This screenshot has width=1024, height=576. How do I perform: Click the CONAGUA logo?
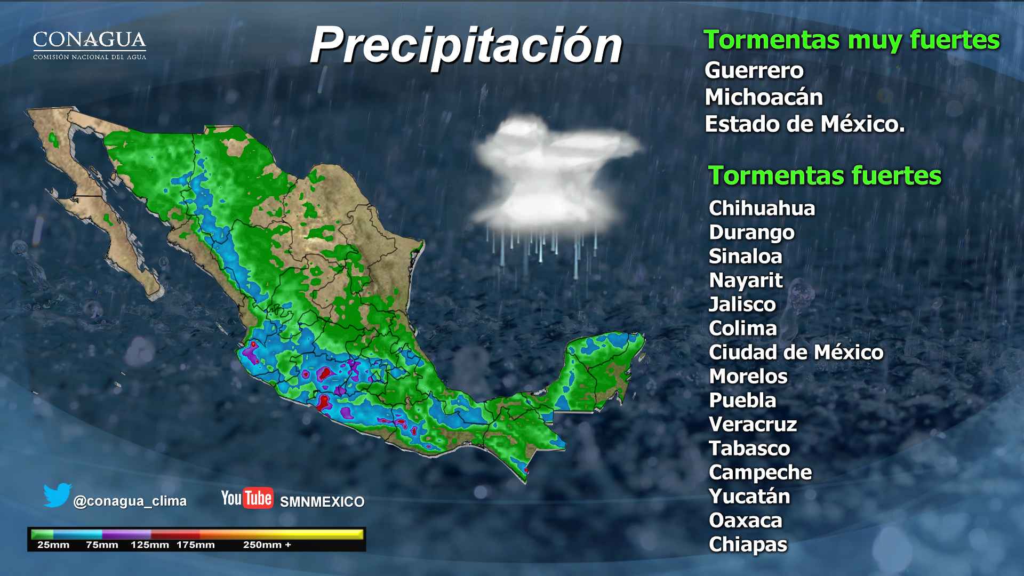[x=90, y=45]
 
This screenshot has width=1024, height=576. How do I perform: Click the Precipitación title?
[x=466, y=45]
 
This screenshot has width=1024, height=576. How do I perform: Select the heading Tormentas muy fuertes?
[x=851, y=40]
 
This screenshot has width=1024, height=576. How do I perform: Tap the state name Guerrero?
[x=754, y=70]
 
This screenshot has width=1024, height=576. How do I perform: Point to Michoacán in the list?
[x=763, y=97]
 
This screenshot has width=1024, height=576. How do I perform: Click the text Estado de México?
[x=804, y=124]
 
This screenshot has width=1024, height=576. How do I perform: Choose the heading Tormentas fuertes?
[x=824, y=175]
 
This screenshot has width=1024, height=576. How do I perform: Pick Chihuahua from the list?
[x=762, y=208]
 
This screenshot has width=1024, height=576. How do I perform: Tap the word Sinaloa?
[x=745, y=256]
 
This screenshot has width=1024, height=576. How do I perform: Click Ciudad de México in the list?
[x=796, y=352]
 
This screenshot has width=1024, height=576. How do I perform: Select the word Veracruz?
[x=753, y=424]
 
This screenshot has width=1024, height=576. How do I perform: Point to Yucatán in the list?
[x=749, y=496]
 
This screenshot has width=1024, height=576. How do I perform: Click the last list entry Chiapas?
[x=748, y=545]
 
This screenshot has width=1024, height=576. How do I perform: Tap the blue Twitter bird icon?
[x=57, y=495]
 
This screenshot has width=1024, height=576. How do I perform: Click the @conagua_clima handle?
[x=130, y=501]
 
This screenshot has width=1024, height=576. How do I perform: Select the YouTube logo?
[x=247, y=498]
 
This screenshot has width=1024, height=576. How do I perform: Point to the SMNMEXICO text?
[x=322, y=502]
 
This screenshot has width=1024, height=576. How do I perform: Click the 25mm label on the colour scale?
[x=53, y=545]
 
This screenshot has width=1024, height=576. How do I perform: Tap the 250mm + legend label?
[x=267, y=545]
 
